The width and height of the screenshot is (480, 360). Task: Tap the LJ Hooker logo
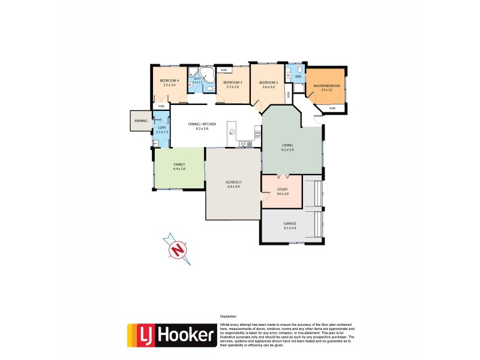172,335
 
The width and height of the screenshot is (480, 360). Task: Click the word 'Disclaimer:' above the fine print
228,316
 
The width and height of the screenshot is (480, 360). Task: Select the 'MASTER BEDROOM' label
327,86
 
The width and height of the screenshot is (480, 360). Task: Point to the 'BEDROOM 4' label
169,81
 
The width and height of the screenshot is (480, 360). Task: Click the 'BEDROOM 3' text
232,82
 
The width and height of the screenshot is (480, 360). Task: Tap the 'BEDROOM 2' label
268,82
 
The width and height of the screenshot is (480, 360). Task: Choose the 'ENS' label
298,77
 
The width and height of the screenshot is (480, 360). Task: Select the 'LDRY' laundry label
161,127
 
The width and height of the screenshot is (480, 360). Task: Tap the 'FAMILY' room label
179,164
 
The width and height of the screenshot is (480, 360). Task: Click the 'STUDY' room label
283,189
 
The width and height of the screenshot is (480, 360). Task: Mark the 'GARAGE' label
290,224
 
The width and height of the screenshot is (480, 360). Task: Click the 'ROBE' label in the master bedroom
332,108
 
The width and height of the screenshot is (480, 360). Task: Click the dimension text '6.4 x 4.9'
233,187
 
